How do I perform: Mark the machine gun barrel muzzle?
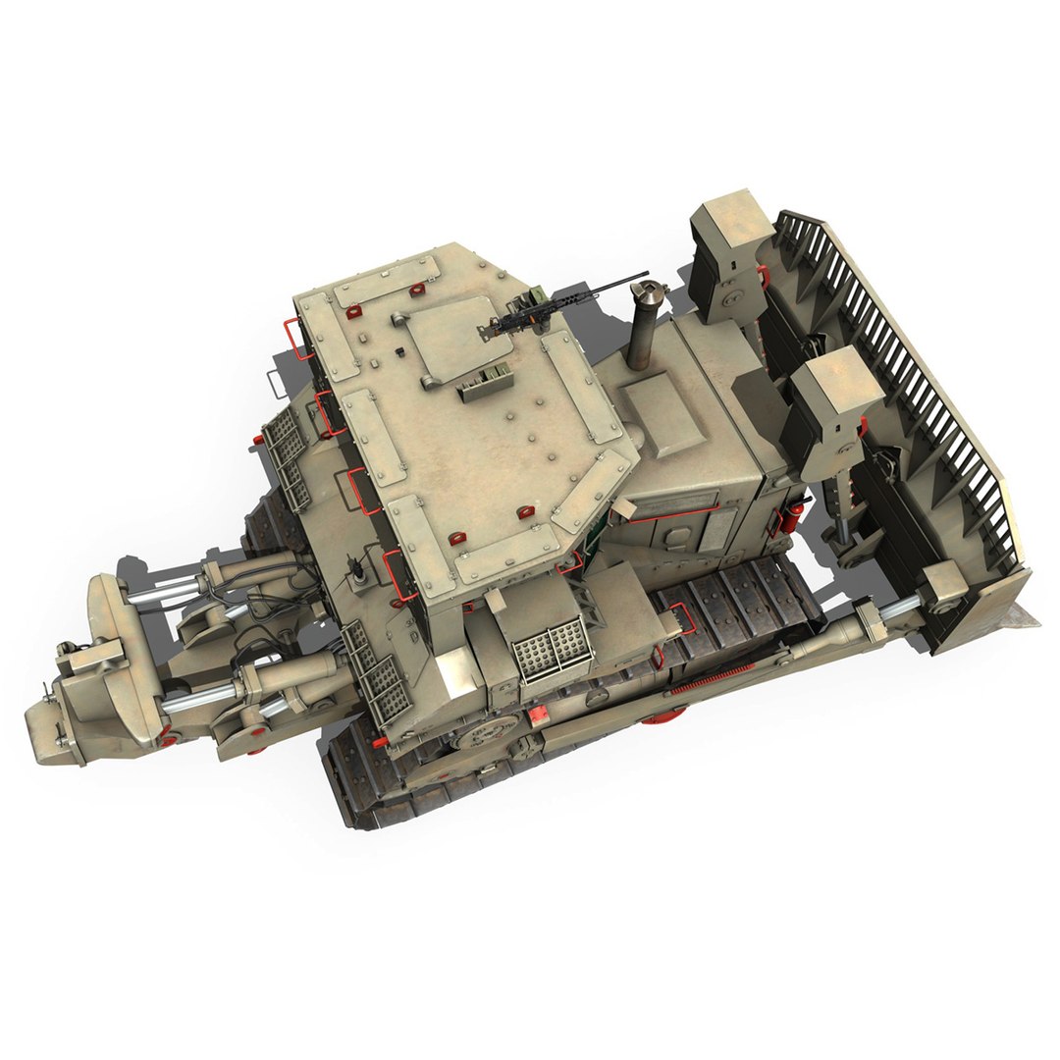click(x=645, y=274)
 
